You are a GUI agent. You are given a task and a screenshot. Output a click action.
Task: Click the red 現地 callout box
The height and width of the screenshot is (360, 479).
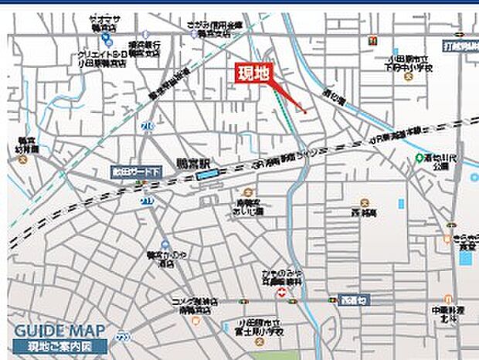coord(254,75)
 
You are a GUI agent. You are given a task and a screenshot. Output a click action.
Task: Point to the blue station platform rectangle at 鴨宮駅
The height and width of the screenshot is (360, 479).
coord(207,175)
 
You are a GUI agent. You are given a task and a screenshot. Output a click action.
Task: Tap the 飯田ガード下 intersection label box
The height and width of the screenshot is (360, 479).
coord(135,173)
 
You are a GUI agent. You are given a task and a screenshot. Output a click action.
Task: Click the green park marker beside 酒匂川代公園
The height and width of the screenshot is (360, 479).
coord(419,158)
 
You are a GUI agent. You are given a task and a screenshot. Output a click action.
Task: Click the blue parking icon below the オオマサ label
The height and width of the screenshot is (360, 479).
coord(104,42)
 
